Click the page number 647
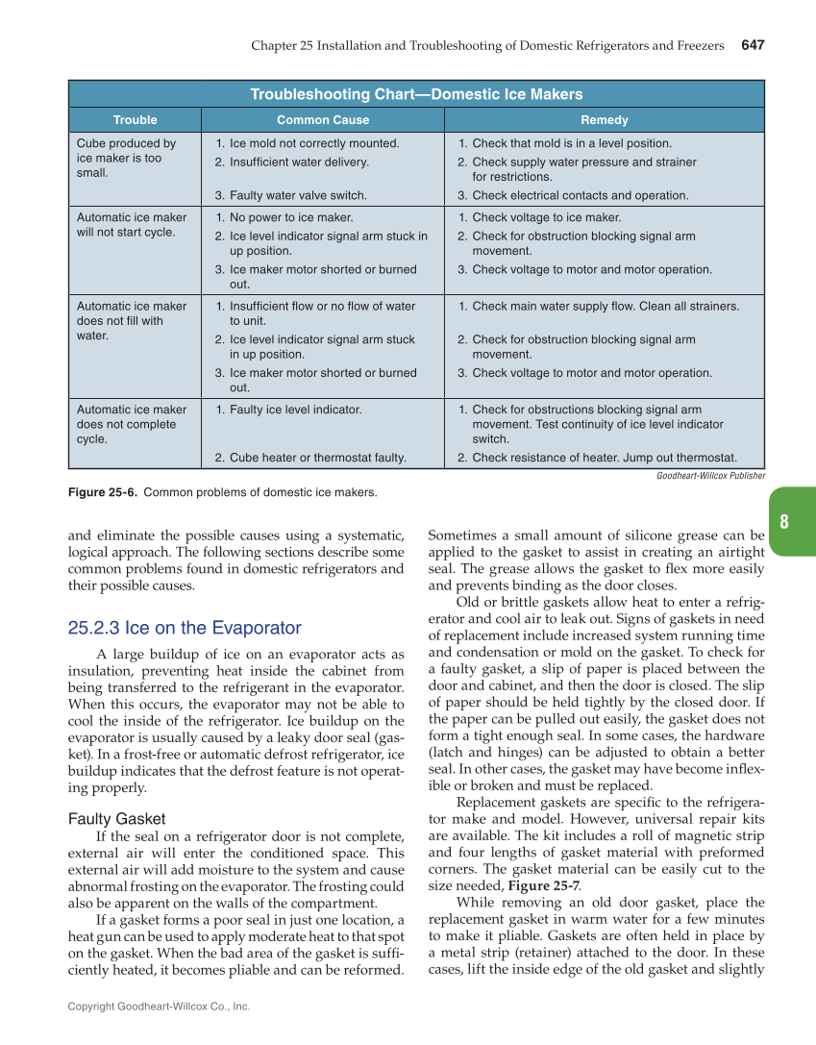pos(752,45)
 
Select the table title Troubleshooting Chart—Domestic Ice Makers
pos(416,94)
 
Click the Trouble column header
pos(136,120)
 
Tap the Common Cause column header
pos(323,120)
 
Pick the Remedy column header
pos(605,120)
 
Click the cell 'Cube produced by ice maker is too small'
pos(126,159)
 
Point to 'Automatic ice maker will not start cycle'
pos(132,225)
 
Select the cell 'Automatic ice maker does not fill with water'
pos(132,321)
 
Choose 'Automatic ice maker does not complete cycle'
pos(132,424)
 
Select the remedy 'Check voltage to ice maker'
pos(546,217)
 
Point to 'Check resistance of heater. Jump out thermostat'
pos(605,458)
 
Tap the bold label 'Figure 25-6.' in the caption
pos(103,493)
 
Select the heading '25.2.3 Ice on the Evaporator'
pos(185,629)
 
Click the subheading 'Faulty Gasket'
pos(117,819)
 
